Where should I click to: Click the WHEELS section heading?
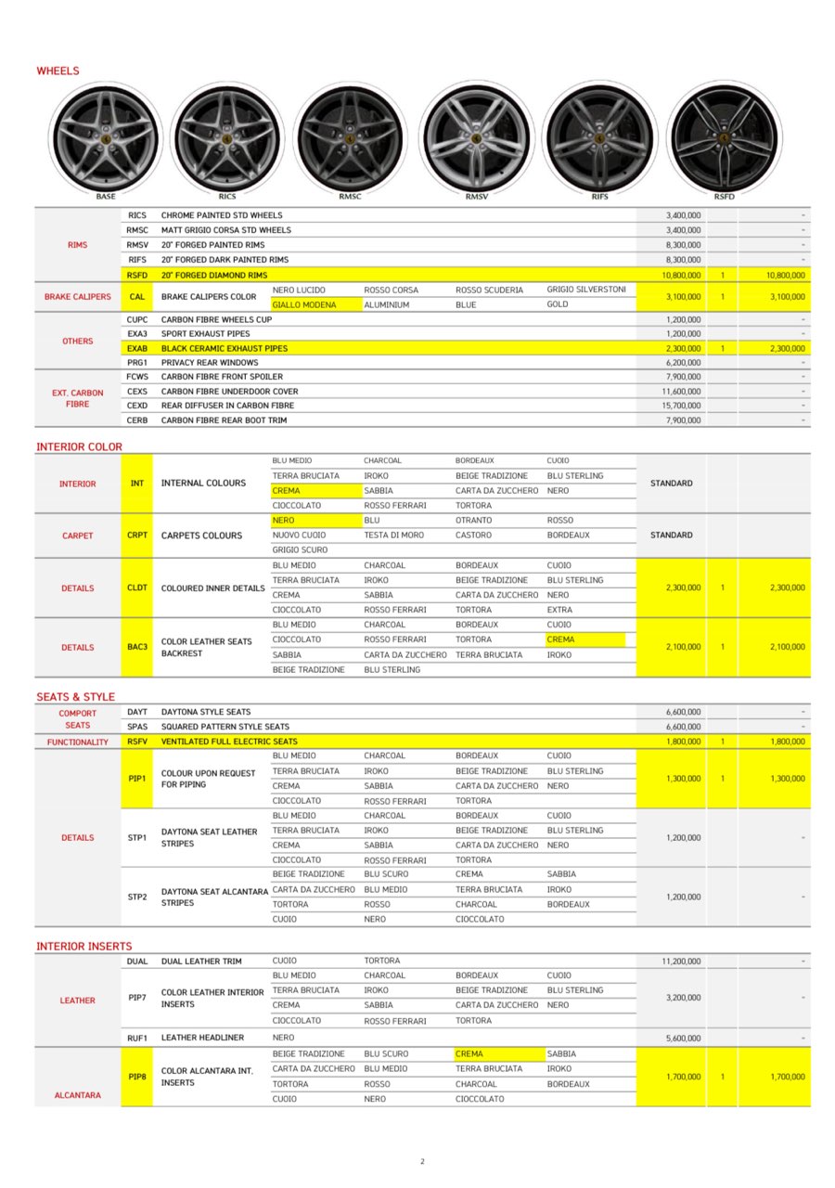[58, 71]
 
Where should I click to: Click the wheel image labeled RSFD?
[724, 136]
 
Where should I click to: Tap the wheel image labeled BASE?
[105, 137]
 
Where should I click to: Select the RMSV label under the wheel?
[476, 197]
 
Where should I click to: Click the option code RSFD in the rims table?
[137, 275]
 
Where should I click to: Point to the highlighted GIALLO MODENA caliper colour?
[304, 304]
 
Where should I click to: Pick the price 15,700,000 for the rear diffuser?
[683, 406]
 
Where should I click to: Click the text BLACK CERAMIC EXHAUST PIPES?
[225, 348]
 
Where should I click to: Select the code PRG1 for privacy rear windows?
[137, 362]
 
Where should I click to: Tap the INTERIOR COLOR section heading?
[79, 446]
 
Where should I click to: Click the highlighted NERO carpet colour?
[284, 521]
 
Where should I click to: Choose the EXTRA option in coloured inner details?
[559, 610]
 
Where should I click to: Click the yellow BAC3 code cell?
[137, 646]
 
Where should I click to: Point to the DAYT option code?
[137, 712]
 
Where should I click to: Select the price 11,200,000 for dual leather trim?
[681, 962]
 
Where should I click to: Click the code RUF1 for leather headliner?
[137, 1038]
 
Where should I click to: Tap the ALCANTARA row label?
[78, 1095]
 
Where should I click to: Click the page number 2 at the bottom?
[422, 1161]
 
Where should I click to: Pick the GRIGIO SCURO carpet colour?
[300, 549]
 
